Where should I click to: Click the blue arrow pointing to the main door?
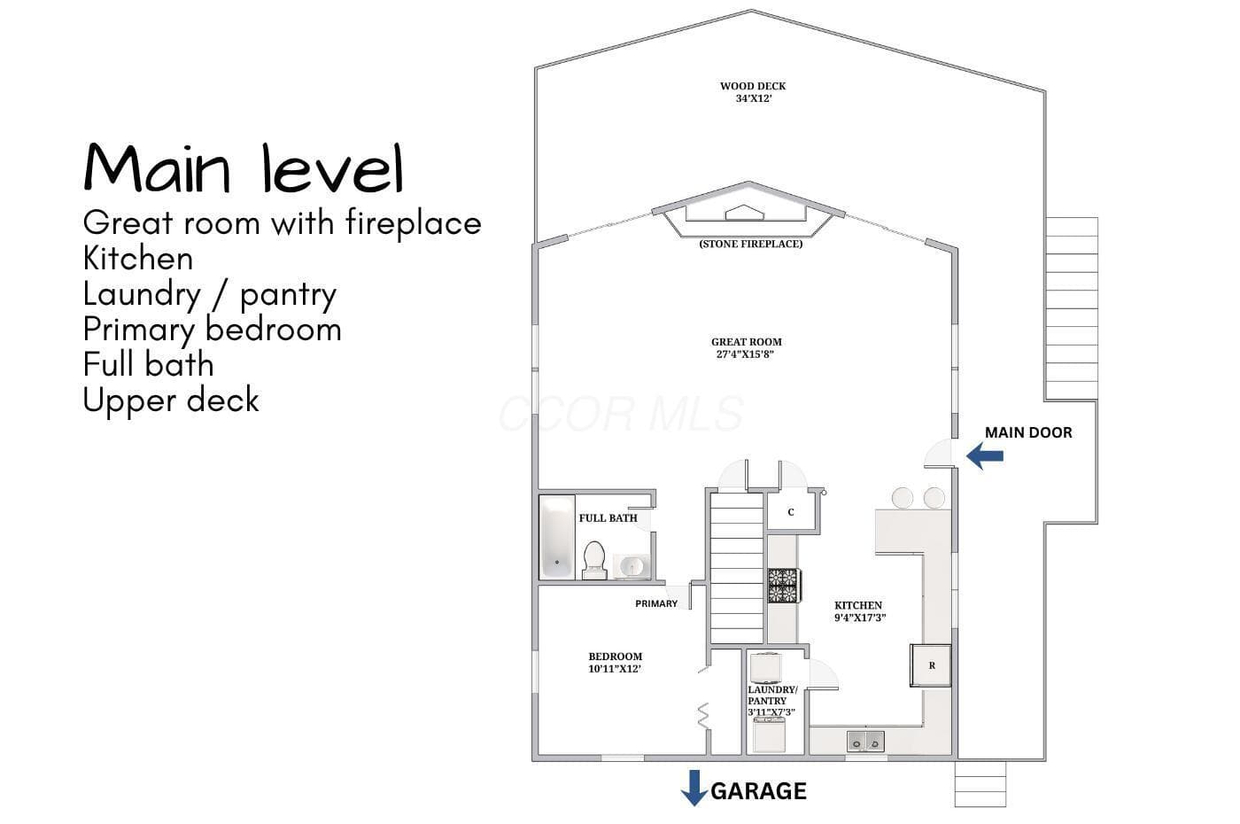pyautogui.click(x=985, y=455)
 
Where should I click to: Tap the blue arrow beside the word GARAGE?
pyautogui.click(x=694, y=788)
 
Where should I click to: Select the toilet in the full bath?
pyautogui.click(x=594, y=560)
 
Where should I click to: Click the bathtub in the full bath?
pyautogui.click(x=557, y=537)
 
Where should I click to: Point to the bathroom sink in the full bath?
pyautogui.click(x=632, y=566)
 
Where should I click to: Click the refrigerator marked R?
pyautogui.click(x=931, y=665)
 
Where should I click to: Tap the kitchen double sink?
pyautogui.click(x=865, y=741)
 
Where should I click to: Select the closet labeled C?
pyautogui.click(x=790, y=512)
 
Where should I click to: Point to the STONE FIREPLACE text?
pyautogui.click(x=751, y=244)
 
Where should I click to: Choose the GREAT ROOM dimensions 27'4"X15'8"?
pyautogui.click(x=745, y=354)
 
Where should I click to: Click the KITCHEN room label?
pyautogui.click(x=858, y=605)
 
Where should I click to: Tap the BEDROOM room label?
pyautogui.click(x=615, y=657)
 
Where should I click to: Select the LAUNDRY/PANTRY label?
pyautogui.click(x=772, y=695)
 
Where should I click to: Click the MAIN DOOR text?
pyautogui.click(x=1028, y=432)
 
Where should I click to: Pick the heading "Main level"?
pyautogui.click(x=244, y=167)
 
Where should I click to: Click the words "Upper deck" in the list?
pyautogui.click(x=171, y=400)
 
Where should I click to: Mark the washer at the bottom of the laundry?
pyautogui.click(x=769, y=735)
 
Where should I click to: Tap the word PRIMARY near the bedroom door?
pyautogui.click(x=656, y=603)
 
